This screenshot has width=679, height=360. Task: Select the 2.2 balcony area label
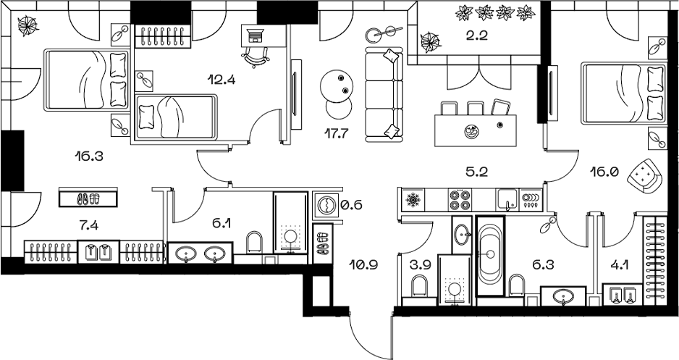tap(478, 35)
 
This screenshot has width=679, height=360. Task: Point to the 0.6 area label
tap(351, 204)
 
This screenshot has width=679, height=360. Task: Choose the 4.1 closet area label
tap(620, 264)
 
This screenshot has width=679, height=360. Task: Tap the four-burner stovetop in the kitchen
tap(459, 200)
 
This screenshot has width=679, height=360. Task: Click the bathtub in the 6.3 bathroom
tap(490, 256)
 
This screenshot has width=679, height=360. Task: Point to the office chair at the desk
tap(255, 56)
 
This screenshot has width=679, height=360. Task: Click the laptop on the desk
tap(255, 35)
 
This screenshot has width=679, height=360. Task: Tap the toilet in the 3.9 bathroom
tap(418, 286)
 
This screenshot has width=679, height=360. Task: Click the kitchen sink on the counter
tap(507, 200)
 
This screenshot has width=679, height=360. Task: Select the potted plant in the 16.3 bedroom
tap(28, 26)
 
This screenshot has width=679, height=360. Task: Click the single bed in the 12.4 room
tap(176, 117)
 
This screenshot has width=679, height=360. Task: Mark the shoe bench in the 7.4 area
tap(88, 198)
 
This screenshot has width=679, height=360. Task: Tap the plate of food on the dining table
tap(471, 132)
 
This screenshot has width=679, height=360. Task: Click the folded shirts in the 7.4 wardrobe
tap(98, 251)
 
